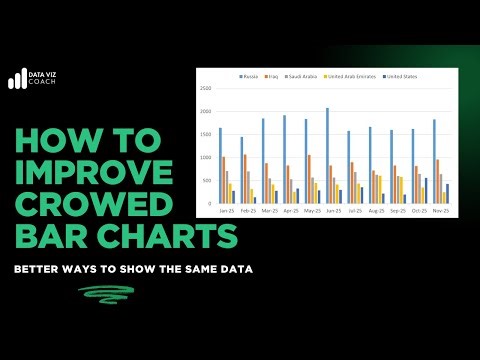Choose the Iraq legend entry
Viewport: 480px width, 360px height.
tap(271, 76)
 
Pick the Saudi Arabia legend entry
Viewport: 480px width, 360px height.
tap(299, 76)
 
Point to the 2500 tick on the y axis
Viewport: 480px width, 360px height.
tap(205, 88)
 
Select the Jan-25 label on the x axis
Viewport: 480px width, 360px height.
tap(227, 211)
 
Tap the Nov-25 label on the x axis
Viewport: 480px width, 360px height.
tap(440, 211)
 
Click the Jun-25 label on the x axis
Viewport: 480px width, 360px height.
tap(333, 211)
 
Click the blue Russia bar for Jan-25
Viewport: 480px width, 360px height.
tap(221, 165)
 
